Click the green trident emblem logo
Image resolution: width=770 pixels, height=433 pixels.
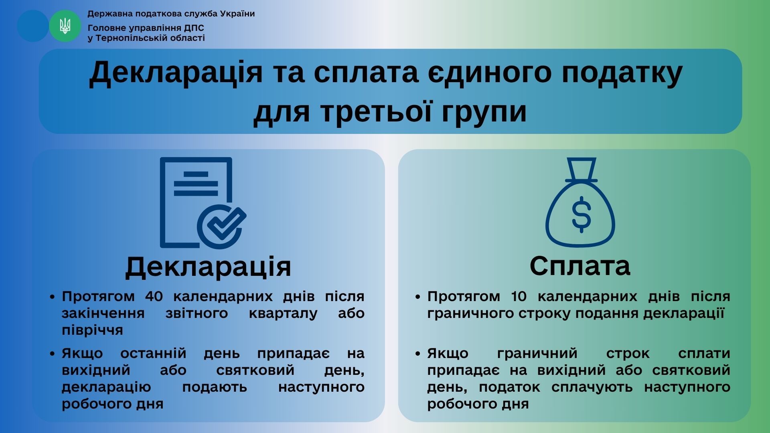tap(65, 26)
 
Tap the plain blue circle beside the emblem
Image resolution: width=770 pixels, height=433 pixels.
tap(33, 26)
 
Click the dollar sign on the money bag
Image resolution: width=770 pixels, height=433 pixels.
tap(581, 214)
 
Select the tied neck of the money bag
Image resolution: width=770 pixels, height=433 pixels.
tap(581, 170)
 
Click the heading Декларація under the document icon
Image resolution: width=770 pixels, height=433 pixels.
tap(208, 266)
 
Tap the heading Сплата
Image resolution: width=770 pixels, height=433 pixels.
tap(580, 265)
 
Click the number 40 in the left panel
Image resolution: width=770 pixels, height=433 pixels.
tap(154, 296)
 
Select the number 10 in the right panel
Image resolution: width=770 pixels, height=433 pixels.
tap(519, 296)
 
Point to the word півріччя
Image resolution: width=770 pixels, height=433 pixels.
tap(92, 330)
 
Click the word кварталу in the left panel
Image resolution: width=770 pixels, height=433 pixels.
tap(283, 313)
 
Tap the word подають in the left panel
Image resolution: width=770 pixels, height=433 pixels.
tap(215, 387)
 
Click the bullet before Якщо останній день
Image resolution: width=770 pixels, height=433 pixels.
tap(52, 354)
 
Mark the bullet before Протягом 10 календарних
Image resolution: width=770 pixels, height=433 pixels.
tap(418, 297)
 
